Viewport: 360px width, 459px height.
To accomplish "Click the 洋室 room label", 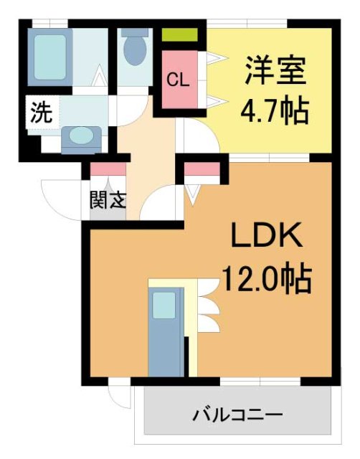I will [x=276, y=70].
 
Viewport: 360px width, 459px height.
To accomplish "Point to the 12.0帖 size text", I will [x=266, y=277].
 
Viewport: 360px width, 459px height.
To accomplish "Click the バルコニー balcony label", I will [x=237, y=415].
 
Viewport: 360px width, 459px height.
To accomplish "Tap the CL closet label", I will [x=178, y=80].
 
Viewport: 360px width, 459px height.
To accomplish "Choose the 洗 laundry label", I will [x=39, y=112].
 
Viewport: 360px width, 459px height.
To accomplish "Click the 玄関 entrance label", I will [x=108, y=200].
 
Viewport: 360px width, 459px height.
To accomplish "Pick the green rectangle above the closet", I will [x=179, y=34].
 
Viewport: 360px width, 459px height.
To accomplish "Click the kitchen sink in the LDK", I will [x=164, y=304].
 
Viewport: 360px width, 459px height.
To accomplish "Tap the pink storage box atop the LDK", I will [x=202, y=170].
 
